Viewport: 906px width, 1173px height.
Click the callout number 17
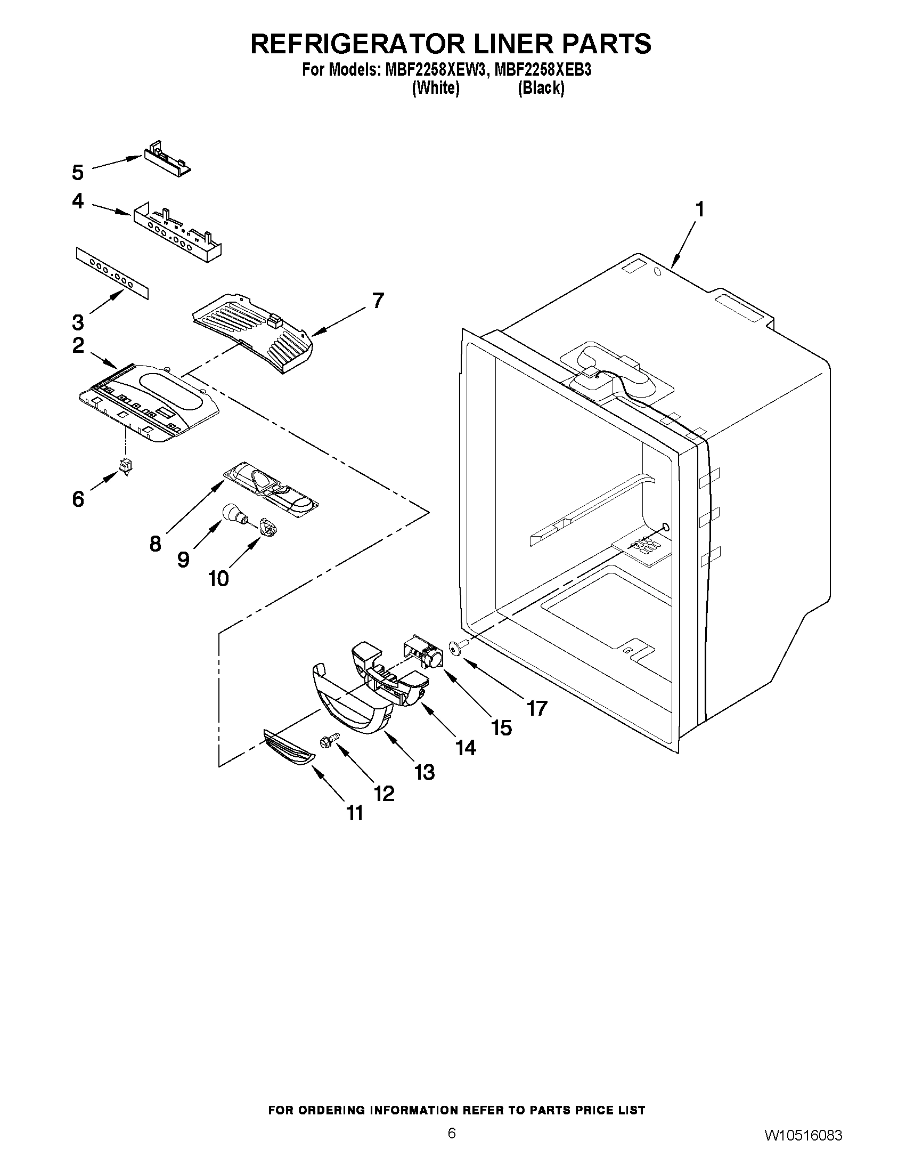[536, 708]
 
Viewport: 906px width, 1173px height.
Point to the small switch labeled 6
[127, 466]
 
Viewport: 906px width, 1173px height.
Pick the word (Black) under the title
[541, 88]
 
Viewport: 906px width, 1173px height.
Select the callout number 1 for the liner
[699, 209]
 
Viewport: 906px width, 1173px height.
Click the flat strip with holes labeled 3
[112, 273]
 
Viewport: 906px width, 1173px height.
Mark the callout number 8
[155, 544]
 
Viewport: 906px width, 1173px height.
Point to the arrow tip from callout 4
[130, 215]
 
